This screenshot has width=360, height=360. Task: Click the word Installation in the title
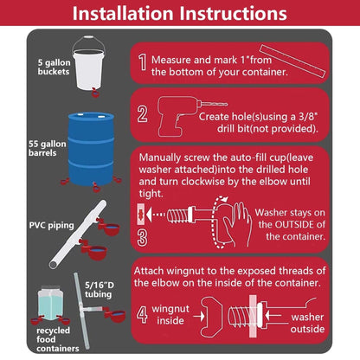123,13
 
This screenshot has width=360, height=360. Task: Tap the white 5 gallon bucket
88,68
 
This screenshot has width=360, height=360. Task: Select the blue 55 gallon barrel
91,149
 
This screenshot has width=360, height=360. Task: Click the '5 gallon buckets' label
54,67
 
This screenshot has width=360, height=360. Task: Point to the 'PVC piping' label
51,225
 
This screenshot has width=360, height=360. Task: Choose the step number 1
143,62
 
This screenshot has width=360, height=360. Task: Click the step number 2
143,114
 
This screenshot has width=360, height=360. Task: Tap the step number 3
142,238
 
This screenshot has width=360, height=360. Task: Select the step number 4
142,314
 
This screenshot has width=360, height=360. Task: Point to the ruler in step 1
292,61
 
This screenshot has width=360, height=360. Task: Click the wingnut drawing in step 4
211,317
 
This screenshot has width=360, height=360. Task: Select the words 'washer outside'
307,323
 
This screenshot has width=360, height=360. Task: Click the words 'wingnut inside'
170,315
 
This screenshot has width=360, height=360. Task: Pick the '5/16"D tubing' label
99,290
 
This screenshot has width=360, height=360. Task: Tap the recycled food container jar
51,303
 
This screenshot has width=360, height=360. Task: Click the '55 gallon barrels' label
48,148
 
